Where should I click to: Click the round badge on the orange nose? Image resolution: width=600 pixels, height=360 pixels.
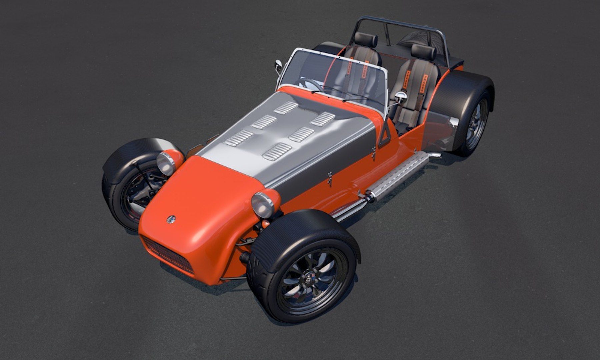coord(171,219)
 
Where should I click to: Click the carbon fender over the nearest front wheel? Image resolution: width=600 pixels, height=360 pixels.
coord(300,233)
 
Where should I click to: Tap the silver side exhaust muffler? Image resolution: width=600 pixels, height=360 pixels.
coord(398,177)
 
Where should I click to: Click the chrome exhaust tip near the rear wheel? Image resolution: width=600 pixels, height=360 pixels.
coord(435,155)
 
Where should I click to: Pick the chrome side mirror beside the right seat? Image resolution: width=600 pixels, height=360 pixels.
coord(401,97)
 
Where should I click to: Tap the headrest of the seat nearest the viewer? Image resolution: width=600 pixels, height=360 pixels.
coord(423,52)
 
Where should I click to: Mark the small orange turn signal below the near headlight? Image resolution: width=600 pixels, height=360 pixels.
coord(266,223)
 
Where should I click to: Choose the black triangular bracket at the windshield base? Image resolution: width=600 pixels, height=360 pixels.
coord(385,135)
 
